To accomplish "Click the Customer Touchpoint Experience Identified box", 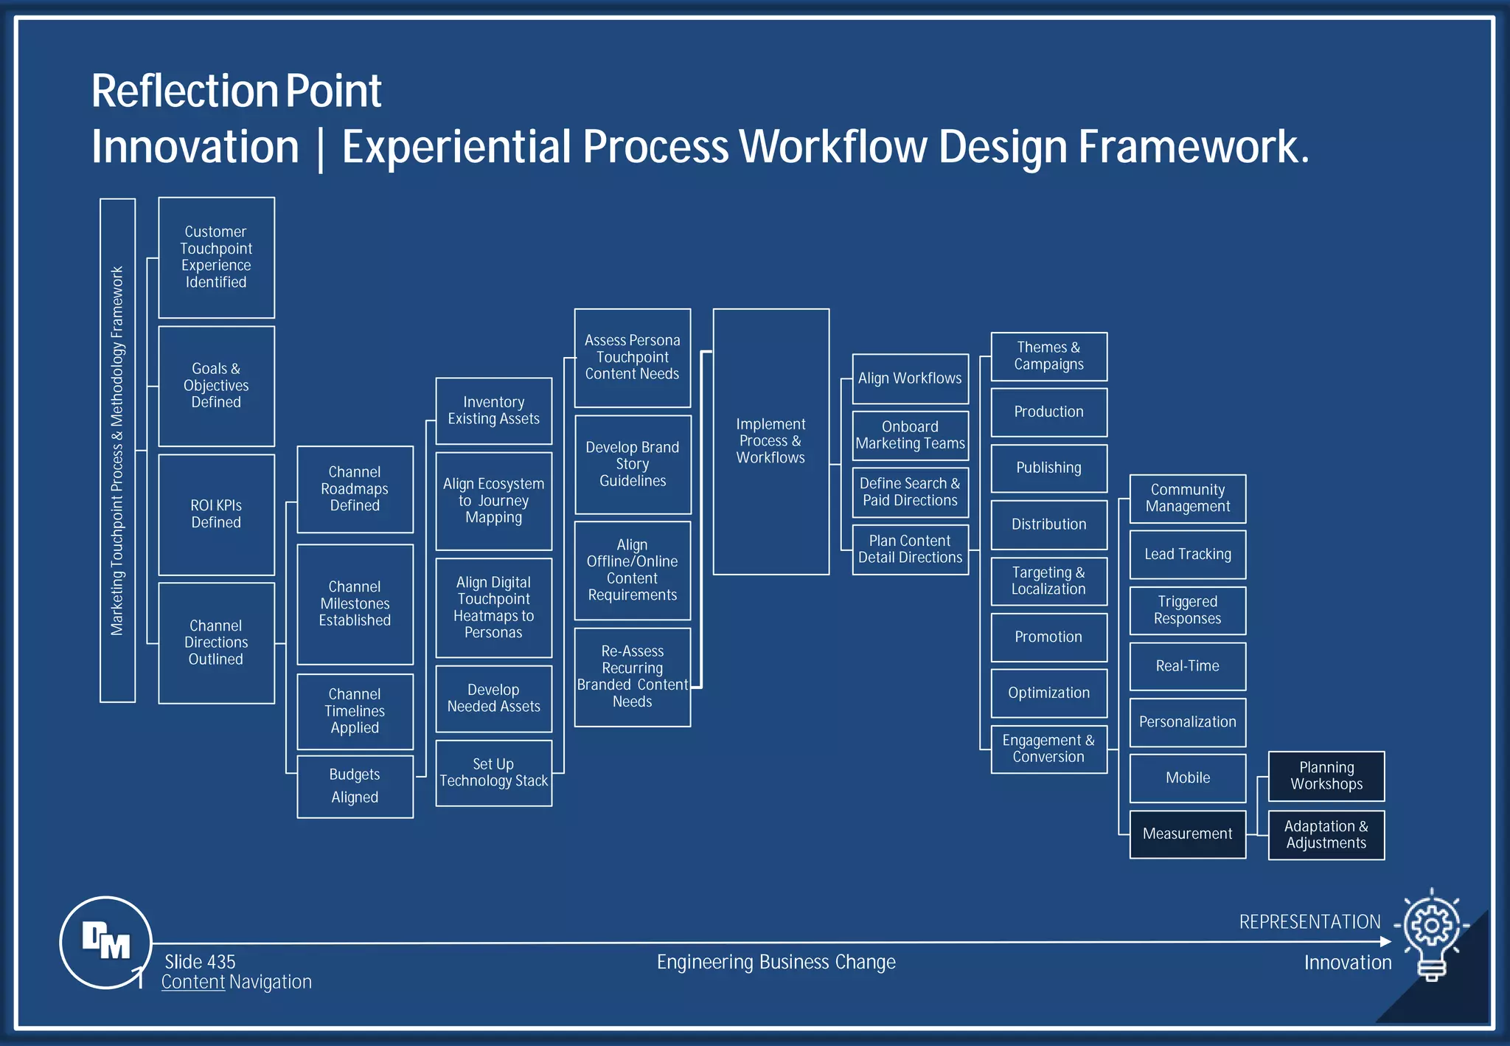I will (x=216, y=257).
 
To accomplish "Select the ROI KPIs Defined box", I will (x=216, y=514).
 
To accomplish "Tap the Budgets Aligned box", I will (x=355, y=786).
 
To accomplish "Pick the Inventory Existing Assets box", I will (x=493, y=411).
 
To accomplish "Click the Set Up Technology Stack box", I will (x=493, y=772).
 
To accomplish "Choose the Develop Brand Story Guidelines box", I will (x=633, y=464).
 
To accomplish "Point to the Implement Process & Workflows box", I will (x=770, y=441).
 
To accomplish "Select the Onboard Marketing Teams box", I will (x=910, y=435).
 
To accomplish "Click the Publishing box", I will (x=1048, y=468).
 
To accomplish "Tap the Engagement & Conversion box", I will (x=1048, y=749).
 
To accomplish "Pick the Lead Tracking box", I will (x=1187, y=554).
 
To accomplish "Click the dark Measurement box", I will (x=1187, y=834).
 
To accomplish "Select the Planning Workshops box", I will (x=1326, y=776).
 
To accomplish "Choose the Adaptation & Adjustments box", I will (x=1326, y=835).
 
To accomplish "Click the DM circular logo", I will (x=105, y=942).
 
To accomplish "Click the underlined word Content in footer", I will (x=193, y=982).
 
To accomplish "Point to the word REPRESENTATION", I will (x=1309, y=922).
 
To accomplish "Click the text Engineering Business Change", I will (x=776, y=962).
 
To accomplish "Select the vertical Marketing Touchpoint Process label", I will (x=117, y=450).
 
